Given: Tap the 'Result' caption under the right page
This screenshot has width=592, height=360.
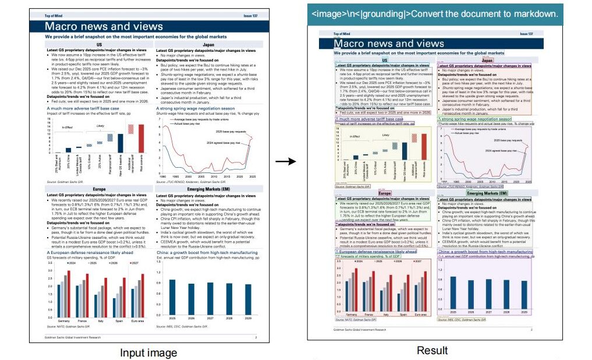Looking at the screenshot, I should pyautogui.click(x=431, y=351).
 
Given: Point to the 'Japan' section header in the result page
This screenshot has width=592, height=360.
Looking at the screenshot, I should pyautogui.click(x=487, y=60).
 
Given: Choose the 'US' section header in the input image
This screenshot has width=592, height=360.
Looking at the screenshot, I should pyautogui.click(x=99, y=44).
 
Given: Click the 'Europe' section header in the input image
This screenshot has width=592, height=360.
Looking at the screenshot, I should pyautogui.click(x=99, y=190).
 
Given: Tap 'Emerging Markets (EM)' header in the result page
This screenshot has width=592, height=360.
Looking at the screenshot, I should pyautogui.click(x=488, y=193).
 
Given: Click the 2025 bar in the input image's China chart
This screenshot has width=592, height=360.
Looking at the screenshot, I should pyautogui.click(x=172, y=298).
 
